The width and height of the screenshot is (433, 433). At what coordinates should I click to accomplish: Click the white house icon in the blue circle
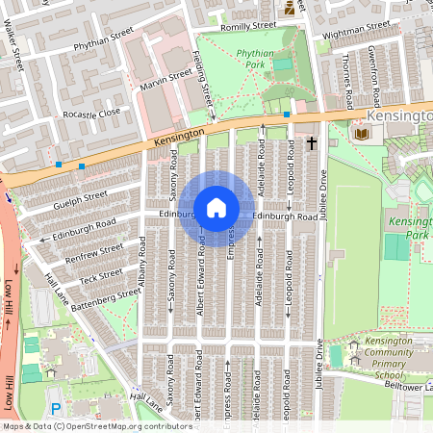(x=216, y=208)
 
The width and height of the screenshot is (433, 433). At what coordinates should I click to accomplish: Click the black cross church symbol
(x=311, y=143)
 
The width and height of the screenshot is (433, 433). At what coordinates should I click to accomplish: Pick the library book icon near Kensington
(x=362, y=132)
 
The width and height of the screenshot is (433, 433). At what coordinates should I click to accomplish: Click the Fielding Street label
(x=204, y=77)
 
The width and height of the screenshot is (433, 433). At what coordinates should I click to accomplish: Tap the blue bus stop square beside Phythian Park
(x=287, y=115)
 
